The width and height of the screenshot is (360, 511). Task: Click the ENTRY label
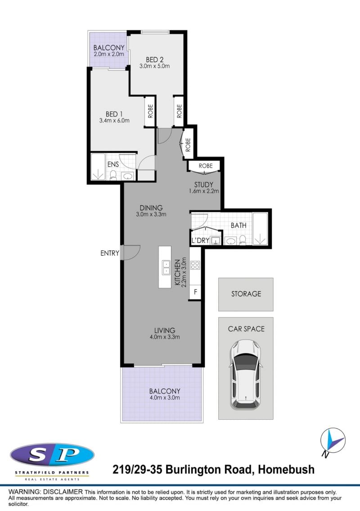pos(110,253)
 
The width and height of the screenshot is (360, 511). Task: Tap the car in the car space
pos(246,374)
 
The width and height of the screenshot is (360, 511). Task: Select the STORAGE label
pos(246,294)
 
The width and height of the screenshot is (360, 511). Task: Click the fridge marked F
pos(195,292)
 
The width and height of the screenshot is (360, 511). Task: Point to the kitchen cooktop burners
pos(195,265)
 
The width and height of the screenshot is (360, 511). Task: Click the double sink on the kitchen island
pos(166,267)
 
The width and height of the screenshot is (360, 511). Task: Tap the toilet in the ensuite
pos(113,175)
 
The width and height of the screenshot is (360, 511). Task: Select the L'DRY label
pos(200,240)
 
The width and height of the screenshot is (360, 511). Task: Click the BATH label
pos(238,225)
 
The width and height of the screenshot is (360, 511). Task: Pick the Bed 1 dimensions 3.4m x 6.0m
pos(114,121)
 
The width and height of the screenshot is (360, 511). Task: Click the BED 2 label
pos(155,59)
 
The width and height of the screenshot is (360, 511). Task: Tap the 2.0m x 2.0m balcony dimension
pos(109,54)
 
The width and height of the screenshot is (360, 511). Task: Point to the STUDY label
pos(203,185)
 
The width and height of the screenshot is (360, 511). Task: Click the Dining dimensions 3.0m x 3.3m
pos(151,214)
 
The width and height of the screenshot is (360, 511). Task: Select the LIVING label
pos(165,330)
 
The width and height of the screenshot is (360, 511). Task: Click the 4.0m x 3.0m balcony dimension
pos(165,398)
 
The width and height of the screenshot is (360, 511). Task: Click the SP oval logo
pos(52,454)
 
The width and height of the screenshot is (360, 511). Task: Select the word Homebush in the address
pos(286,470)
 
